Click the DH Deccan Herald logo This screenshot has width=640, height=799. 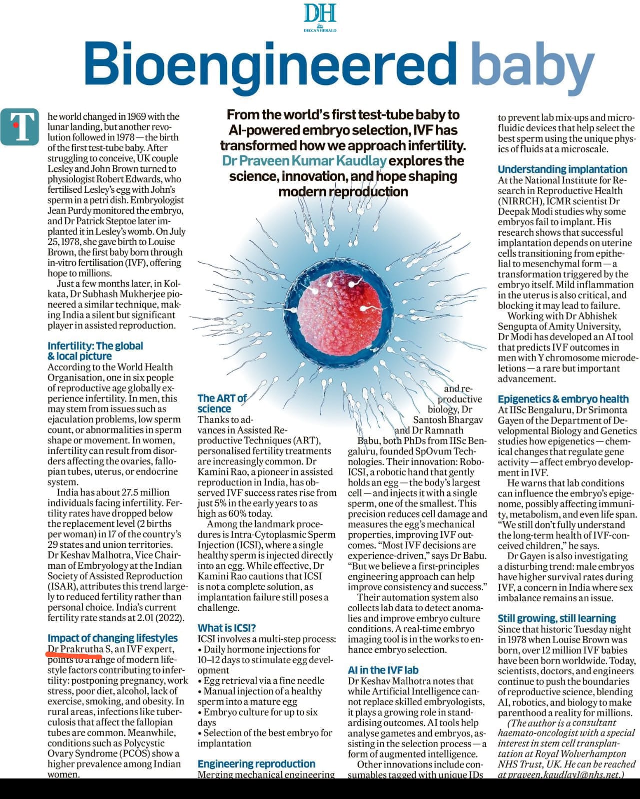tap(320, 17)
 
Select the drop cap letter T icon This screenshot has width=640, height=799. tap(19, 126)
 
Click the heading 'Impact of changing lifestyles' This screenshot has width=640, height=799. tap(112, 638)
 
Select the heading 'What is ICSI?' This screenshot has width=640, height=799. tap(227, 628)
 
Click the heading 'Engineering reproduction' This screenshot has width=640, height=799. tap(256, 764)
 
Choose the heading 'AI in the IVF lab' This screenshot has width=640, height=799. tap(383, 670)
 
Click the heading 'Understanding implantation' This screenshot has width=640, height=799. tap(563, 169)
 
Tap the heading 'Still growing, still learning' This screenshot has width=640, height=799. tap(557, 618)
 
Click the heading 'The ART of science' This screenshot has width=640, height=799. tap(222, 403)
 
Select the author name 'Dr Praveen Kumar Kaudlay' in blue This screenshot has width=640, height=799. tap(304, 161)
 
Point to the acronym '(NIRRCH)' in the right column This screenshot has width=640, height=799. tap(520, 201)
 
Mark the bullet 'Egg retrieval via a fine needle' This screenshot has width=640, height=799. tap(263, 680)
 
